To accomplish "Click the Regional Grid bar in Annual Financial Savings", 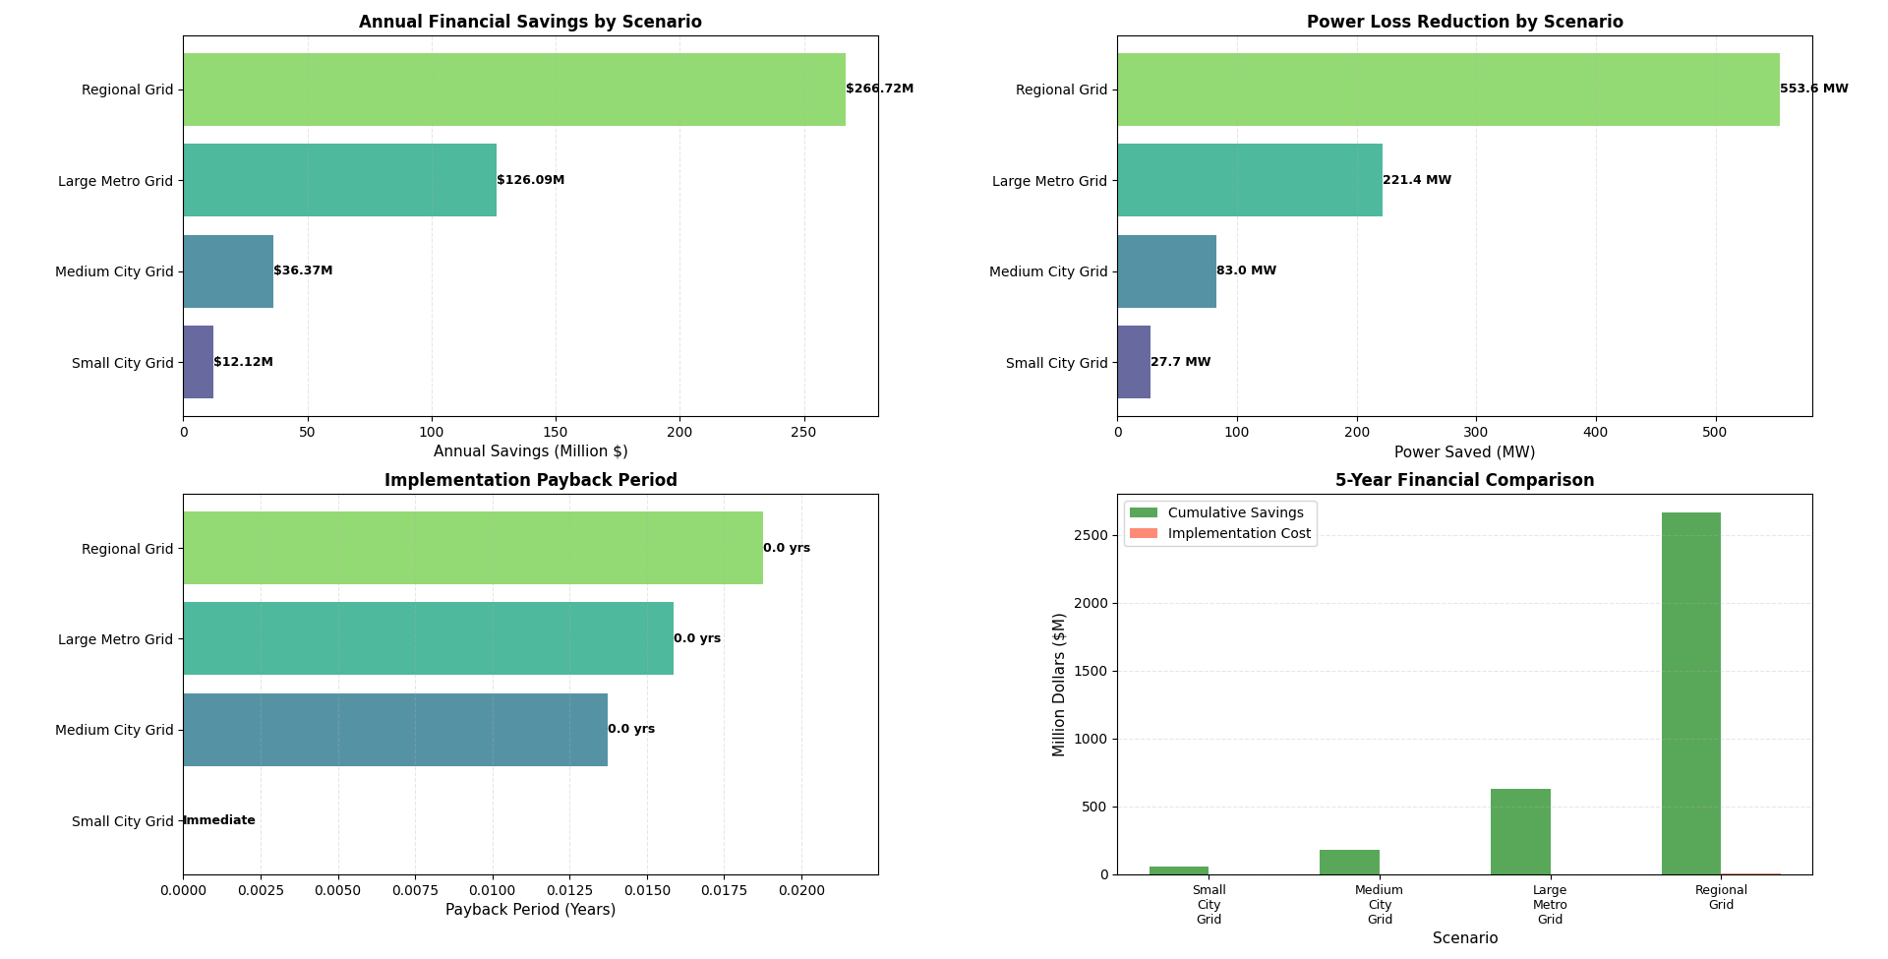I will point(513,90).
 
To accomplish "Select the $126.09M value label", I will point(530,180).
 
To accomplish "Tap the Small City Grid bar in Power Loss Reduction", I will point(1134,362).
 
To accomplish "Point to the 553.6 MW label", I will point(1813,89).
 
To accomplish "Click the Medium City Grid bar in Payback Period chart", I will point(394,730).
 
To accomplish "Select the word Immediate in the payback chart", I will point(219,820).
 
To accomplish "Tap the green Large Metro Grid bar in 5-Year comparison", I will point(1520,831).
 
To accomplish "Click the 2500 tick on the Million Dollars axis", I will point(1091,535).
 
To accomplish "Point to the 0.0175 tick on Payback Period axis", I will point(724,890).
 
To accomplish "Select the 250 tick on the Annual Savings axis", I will point(803,432).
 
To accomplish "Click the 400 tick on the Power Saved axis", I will point(1595,432).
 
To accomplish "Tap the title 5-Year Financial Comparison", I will point(1464,480).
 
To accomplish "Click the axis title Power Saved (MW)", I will point(1464,452).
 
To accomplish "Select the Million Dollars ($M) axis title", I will point(1059,685).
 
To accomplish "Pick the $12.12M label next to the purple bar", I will point(243,362).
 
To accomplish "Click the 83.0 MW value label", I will point(1246,270).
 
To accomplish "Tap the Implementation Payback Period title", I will point(530,480).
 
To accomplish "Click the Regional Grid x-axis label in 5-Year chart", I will point(1720,897).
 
